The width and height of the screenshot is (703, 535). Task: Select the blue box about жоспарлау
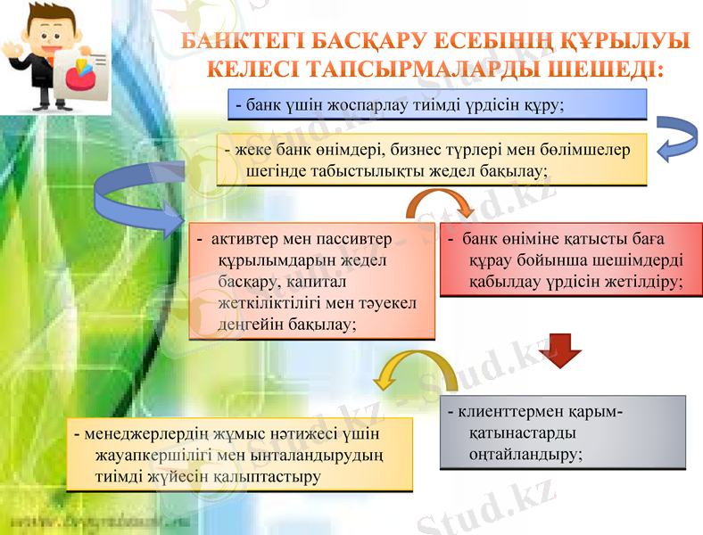click(436, 103)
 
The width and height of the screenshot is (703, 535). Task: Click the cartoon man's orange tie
click(37, 67)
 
